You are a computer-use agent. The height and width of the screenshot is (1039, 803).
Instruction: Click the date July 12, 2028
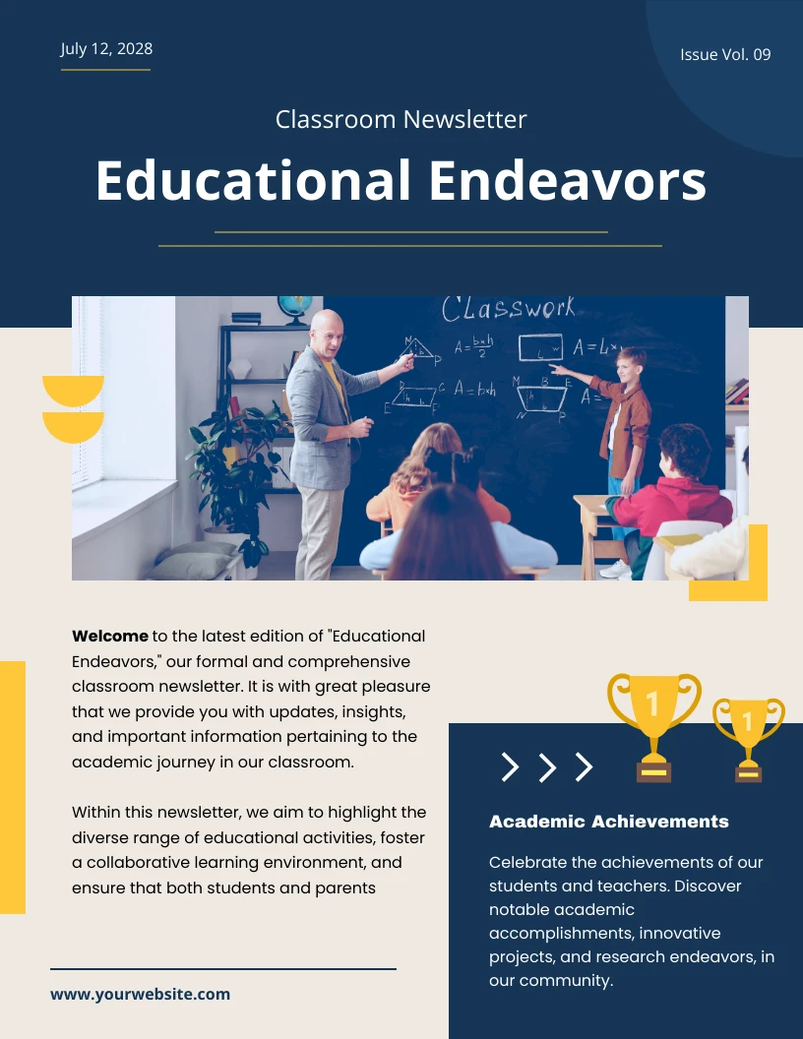click(x=106, y=49)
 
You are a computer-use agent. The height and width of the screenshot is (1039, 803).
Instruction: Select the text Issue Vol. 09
click(x=725, y=55)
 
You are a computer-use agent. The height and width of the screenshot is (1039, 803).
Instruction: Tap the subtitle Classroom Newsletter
click(x=401, y=120)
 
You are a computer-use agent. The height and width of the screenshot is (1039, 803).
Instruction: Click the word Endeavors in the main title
click(x=567, y=181)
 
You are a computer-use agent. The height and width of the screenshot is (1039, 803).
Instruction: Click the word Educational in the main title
click(x=253, y=181)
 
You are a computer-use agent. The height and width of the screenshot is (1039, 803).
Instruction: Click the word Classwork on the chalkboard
click(x=508, y=309)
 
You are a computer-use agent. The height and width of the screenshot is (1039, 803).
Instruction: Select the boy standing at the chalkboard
click(x=624, y=433)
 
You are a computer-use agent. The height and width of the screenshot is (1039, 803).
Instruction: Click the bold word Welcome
click(x=110, y=637)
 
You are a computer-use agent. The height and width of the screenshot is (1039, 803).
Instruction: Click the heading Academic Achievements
click(x=608, y=822)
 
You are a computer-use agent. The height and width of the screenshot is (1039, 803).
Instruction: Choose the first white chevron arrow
click(x=510, y=766)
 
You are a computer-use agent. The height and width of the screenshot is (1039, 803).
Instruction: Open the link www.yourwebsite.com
click(x=140, y=994)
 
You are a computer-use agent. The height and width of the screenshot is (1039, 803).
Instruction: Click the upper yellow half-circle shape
click(x=73, y=388)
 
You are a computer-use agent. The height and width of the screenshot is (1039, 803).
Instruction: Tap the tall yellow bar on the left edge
click(x=12, y=787)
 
